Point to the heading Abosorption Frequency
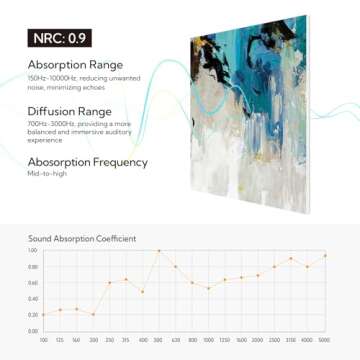[89, 161]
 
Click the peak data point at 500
[159, 251]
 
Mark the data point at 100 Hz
[43, 314]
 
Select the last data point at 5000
[324, 255]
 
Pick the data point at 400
[142, 291]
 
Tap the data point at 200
[93, 314]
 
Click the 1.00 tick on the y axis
[32, 251]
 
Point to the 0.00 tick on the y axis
[32, 330]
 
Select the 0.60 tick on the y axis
[32, 282]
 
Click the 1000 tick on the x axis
[208, 340]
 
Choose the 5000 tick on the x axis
[324, 340]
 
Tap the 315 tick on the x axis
[126, 340]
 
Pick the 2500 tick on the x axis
[274, 340]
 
